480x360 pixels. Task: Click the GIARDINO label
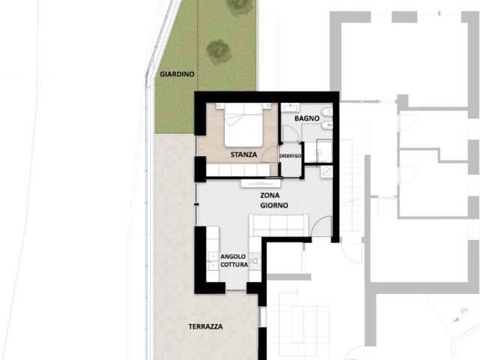coord(177,74)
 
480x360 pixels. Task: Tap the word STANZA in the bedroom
coord(244,154)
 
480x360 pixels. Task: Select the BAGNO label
coord(307,118)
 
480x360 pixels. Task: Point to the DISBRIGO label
coord(290,156)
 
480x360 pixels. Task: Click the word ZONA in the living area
coord(270,195)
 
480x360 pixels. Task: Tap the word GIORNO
coord(274,205)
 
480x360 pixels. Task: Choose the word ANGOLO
coord(233,256)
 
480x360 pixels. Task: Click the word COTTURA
coord(234,265)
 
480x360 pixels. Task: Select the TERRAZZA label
coord(205,327)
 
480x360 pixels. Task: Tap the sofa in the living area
coord(278,225)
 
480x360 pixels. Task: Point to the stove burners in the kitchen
coord(255,261)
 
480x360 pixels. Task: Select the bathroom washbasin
coord(289,107)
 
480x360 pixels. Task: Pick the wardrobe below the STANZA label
coord(238,169)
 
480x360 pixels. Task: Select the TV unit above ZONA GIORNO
coord(261,183)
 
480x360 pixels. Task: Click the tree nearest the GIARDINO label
coord(218,52)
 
